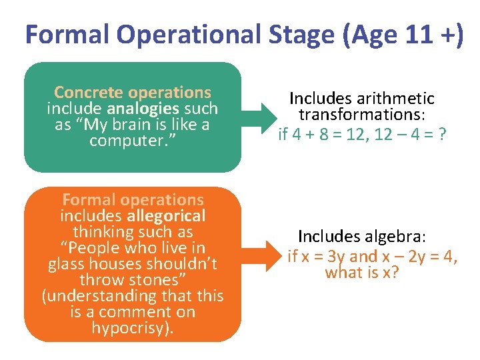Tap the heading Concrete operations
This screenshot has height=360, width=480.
click(x=132, y=93)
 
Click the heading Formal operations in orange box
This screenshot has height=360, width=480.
click(x=132, y=199)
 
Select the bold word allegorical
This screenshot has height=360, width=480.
click(x=167, y=215)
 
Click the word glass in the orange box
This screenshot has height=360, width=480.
click(x=67, y=263)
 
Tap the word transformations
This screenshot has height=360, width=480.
click(x=361, y=115)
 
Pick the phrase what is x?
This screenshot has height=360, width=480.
click(x=361, y=272)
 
